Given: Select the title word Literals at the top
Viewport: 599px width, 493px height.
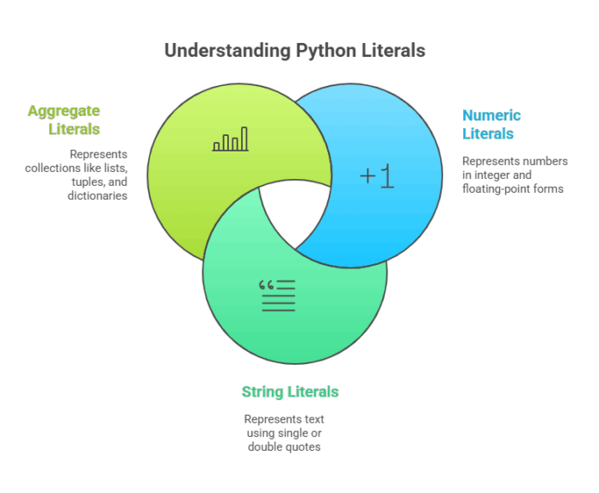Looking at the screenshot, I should point(393,51).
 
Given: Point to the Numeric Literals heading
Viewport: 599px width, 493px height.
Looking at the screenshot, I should point(491,124).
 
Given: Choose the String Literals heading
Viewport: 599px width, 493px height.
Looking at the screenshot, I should point(290,392).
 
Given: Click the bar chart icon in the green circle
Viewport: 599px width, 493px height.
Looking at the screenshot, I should point(230,139).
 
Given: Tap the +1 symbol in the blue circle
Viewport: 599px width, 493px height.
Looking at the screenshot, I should point(376,176).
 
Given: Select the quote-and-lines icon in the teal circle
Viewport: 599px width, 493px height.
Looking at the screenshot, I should point(277,295).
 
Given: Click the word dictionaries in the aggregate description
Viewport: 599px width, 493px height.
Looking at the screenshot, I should point(97,195).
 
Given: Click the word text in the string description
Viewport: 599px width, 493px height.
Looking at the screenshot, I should point(312,419).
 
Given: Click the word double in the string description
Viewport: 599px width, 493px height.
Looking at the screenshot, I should point(264,447).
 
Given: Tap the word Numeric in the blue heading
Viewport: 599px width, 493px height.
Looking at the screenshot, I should point(491,114).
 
